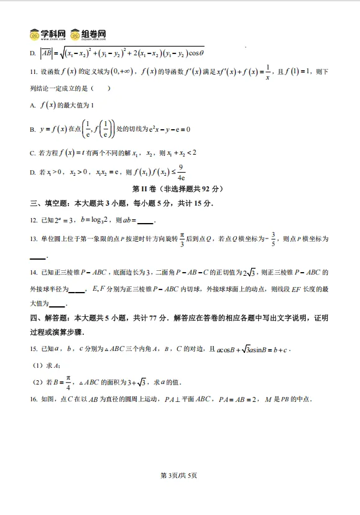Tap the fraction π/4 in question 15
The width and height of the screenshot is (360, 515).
68,381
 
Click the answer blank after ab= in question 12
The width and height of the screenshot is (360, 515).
144,222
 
